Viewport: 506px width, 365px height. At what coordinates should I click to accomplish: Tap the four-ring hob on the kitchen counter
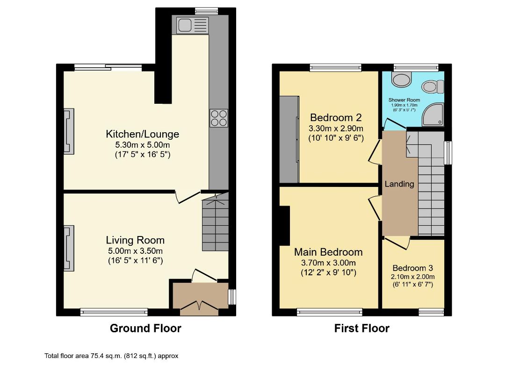(x=218, y=118)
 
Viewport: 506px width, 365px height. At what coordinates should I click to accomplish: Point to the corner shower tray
(x=433, y=115)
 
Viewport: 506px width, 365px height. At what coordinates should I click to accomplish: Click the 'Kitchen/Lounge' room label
(x=142, y=134)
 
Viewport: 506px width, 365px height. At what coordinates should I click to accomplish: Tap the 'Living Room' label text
(x=135, y=240)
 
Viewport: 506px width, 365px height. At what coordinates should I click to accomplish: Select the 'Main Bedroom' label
(x=328, y=252)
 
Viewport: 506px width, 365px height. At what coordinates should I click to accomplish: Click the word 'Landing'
(x=399, y=184)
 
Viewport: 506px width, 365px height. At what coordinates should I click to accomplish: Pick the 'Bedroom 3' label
(x=412, y=268)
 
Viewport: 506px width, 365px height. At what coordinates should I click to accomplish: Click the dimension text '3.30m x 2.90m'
(x=336, y=128)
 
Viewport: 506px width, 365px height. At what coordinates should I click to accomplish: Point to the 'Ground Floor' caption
(x=145, y=328)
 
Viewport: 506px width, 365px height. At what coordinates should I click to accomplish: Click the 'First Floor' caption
(x=361, y=328)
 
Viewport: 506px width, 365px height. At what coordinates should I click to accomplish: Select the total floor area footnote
(x=111, y=356)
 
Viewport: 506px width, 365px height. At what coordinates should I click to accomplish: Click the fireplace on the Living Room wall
(x=69, y=248)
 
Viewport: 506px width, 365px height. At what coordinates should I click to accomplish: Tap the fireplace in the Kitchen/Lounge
(x=69, y=131)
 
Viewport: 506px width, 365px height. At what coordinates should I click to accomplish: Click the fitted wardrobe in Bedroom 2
(x=289, y=139)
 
